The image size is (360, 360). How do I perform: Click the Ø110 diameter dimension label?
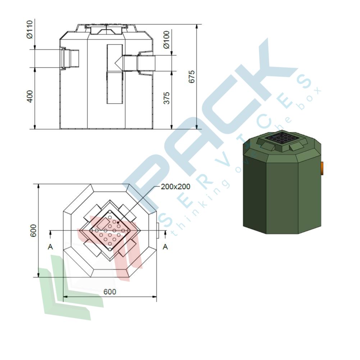pyautogui.click(x=30, y=29)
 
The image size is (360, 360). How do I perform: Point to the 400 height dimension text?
pyautogui.click(x=30, y=96)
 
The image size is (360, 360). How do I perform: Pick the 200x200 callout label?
pyautogui.click(x=176, y=187)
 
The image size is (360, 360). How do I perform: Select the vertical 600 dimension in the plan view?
pyautogui.click(x=33, y=231)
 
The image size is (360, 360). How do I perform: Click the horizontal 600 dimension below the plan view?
pyautogui.click(x=110, y=292)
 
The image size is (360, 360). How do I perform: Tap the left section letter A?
pyautogui.click(x=50, y=247)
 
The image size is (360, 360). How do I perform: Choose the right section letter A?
pyautogui.click(x=165, y=247)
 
